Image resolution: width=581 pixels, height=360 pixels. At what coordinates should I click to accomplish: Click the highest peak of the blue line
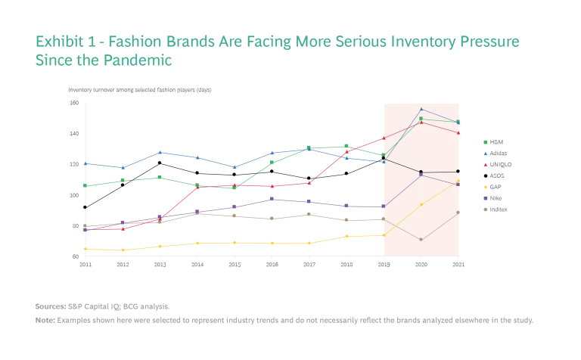(421, 109)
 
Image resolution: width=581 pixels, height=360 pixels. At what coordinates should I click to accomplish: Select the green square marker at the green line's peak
(421, 119)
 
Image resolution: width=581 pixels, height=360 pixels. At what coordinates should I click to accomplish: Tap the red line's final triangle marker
(458, 133)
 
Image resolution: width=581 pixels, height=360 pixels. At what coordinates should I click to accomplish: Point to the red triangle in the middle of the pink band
(421, 123)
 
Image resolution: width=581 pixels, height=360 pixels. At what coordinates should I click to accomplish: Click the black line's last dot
(458, 172)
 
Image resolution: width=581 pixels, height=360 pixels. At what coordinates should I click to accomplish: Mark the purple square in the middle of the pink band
(421, 175)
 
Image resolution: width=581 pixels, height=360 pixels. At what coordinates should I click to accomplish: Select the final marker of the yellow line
(458, 179)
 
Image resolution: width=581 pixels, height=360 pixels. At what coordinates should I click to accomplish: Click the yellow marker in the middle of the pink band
(421, 203)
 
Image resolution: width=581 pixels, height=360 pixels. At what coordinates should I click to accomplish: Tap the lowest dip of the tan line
(421, 240)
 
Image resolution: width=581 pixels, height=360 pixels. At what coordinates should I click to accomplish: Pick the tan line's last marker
(458, 213)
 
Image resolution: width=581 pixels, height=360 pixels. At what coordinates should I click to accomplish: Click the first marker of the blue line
(85, 163)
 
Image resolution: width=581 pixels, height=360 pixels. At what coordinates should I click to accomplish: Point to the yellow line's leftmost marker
(85, 249)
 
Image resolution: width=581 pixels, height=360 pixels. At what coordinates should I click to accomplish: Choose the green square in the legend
(485, 141)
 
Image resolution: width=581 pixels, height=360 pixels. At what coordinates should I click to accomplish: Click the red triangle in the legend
(485, 163)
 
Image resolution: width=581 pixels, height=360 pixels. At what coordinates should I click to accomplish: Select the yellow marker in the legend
(485, 185)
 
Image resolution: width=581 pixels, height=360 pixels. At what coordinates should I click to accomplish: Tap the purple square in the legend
(485, 197)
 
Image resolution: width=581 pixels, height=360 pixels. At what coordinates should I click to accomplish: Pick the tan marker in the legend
(485, 206)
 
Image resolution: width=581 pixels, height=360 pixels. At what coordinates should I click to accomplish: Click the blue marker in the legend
(485, 152)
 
